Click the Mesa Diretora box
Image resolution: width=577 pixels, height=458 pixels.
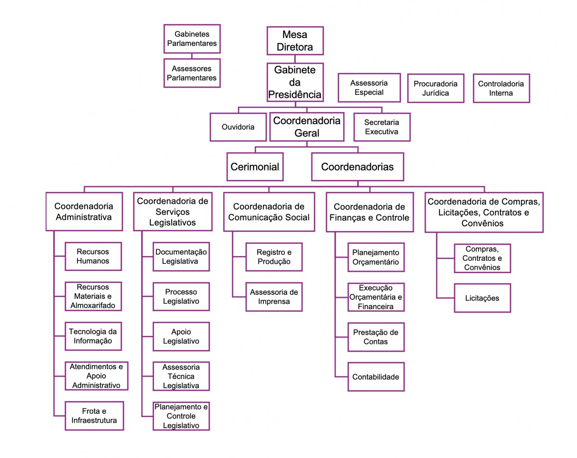tap(295, 40)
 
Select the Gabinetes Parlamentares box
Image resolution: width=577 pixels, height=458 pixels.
tap(192, 39)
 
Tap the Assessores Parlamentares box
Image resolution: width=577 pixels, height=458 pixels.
tap(192, 73)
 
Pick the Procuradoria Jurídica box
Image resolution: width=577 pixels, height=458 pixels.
tap(436, 88)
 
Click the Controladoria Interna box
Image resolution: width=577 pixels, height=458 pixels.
tap(501, 88)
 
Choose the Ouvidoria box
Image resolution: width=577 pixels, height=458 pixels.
tap(238, 127)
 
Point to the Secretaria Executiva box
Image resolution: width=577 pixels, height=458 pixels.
tap(382, 127)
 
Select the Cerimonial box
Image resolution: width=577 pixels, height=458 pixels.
tap(255, 167)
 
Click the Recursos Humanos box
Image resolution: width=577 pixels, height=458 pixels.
tap(93, 256)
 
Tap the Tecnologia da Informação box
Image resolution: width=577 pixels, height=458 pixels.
tap(93, 336)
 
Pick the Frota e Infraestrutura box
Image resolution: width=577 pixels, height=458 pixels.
tap(94, 416)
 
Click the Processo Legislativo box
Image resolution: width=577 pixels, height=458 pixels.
tap(181, 296)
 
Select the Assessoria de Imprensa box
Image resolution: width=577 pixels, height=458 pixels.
tap(274, 297)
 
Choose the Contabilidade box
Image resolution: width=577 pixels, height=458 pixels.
tap(376, 377)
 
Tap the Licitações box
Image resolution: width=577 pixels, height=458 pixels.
tap(482, 298)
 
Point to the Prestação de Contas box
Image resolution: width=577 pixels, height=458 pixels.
tap(376, 337)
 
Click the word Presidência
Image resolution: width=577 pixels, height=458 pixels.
tap(295, 94)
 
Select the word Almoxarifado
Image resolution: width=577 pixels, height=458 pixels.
tap(93, 305)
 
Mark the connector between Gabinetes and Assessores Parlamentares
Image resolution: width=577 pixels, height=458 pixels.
tap(192, 55)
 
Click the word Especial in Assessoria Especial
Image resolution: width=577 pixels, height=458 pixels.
tap(369, 92)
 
